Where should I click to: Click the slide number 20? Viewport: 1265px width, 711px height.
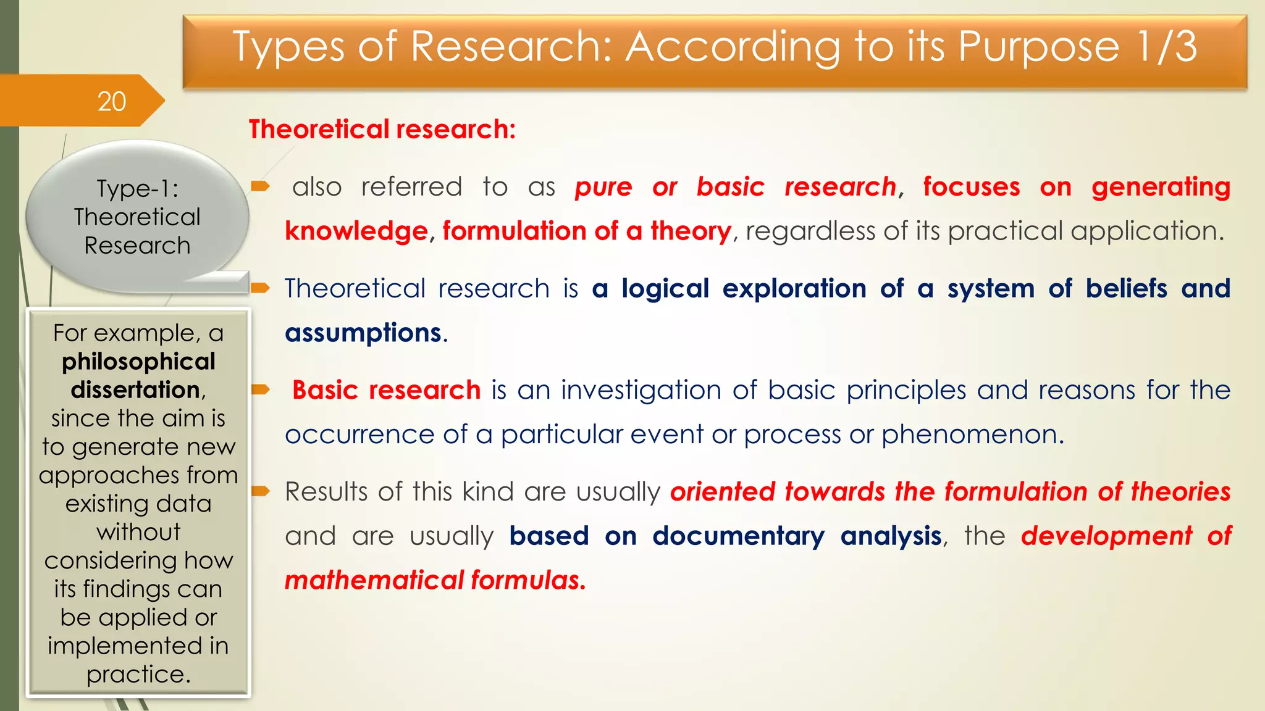click(x=112, y=101)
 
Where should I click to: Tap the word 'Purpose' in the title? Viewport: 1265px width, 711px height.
click(x=1038, y=48)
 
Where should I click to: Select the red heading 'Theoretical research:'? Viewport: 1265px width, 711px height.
click(x=382, y=130)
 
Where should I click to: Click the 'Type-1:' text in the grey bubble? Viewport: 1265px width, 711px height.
click(x=137, y=189)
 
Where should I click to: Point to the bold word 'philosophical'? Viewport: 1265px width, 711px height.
click(x=138, y=362)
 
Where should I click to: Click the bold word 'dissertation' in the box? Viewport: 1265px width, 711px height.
click(x=135, y=390)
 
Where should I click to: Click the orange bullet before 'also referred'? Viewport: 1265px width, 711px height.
click(x=261, y=186)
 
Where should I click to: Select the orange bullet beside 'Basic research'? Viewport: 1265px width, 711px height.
click(x=261, y=389)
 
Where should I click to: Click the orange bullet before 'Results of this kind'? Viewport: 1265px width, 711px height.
click(x=261, y=491)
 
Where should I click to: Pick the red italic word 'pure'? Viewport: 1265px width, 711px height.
click(x=603, y=188)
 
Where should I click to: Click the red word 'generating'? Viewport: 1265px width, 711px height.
click(x=1161, y=188)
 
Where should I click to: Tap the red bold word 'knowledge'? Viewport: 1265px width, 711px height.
click(x=356, y=231)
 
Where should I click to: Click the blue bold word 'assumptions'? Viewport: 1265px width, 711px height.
click(x=363, y=333)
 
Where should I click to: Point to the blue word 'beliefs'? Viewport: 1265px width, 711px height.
click(x=1126, y=289)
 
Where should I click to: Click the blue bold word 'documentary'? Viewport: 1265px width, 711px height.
click(x=738, y=536)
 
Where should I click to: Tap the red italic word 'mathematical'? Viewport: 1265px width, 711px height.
click(x=374, y=581)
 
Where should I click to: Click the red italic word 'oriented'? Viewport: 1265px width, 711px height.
click(x=722, y=492)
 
